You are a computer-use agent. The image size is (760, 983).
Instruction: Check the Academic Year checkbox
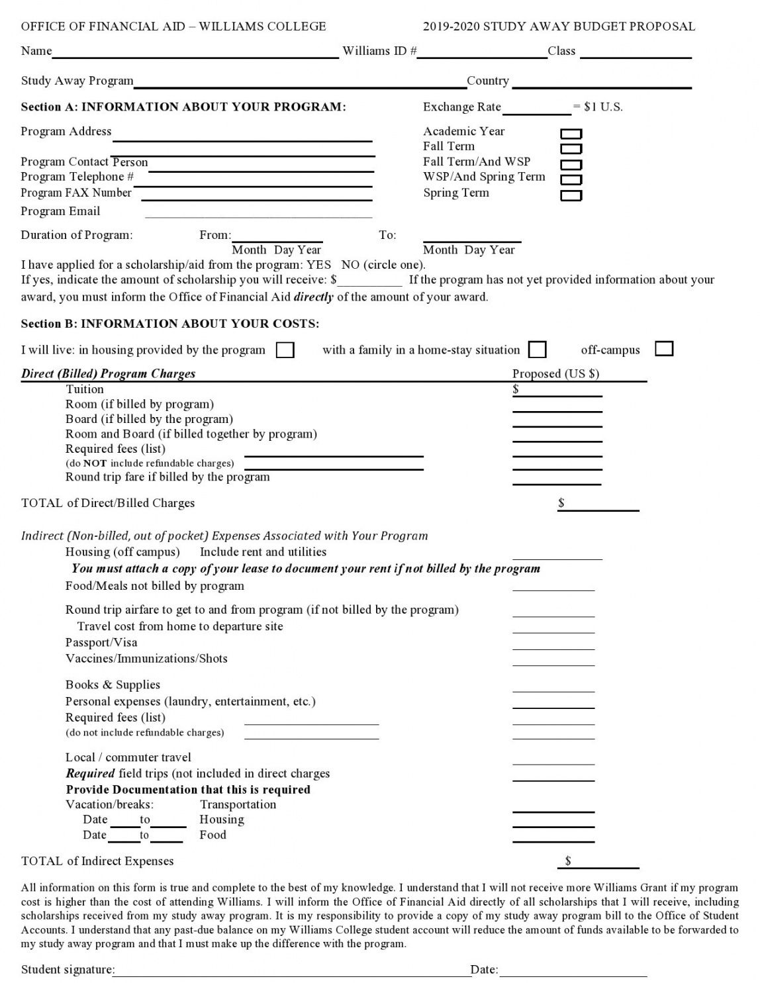(x=571, y=134)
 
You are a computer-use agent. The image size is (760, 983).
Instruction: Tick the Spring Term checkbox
(x=571, y=195)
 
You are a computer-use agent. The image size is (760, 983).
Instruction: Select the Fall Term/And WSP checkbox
(x=571, y=165)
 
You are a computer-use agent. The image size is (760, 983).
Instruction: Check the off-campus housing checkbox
(x=664, y=348)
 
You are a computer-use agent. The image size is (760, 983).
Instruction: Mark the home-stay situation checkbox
(x=538, y=349)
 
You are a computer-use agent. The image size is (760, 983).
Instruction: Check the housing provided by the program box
(x=285, y=350)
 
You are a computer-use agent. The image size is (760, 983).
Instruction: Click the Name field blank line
(x=195, y=53)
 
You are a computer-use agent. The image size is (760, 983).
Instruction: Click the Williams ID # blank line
(x=482, y=53)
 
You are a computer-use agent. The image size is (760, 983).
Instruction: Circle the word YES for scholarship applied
(x=318, y=265)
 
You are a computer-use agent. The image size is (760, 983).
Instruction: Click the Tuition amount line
(x=559, y=391)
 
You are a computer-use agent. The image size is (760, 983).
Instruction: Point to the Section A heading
(x=183, y=107)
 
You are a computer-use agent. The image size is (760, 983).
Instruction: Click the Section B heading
(x=170, y=324)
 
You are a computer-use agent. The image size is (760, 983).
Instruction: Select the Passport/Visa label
(x=101, y=642)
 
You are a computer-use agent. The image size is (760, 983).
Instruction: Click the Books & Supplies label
(x=113, y=684)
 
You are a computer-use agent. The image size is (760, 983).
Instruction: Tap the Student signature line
(x=293, y=971)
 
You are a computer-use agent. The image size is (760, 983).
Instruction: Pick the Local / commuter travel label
(x=128, y=757)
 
